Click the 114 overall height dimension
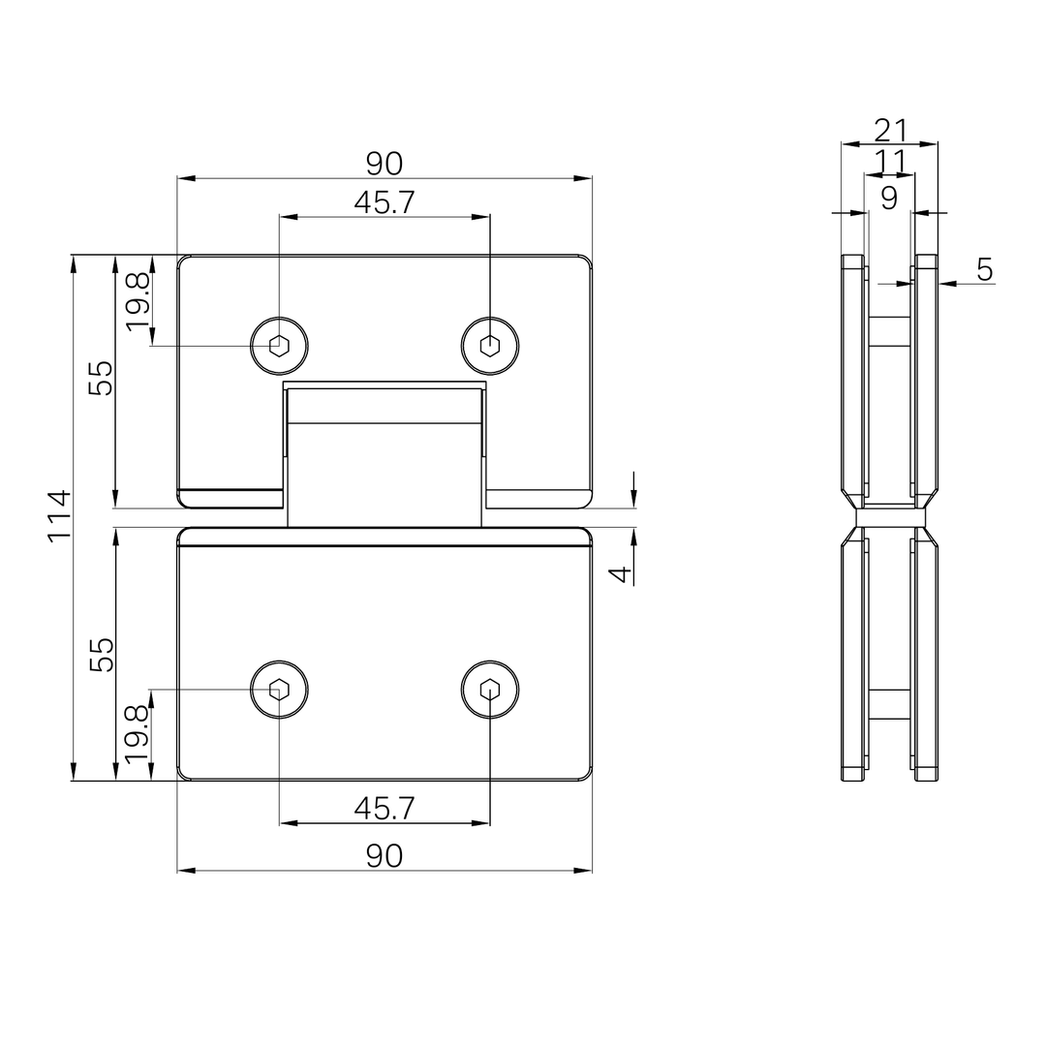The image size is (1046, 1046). tap(59, 516)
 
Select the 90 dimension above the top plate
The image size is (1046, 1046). tap(384, 164)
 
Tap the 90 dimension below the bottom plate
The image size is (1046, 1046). tap(384, 856)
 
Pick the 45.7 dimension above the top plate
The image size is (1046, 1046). tap(384, 202)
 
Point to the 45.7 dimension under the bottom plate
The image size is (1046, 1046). tap(384, 809)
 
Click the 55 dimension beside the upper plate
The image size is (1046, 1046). tap(102, 378)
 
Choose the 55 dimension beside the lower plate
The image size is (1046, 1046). tap(102, 654)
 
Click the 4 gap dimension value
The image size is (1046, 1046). tap(621, 573)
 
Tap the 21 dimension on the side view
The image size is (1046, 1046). tap(890, 129)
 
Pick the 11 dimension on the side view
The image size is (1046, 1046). tap(889, 160)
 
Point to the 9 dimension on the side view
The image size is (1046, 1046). tap(889, 198)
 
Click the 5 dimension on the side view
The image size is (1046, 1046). tap(984, 270)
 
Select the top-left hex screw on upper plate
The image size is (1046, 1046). tap(279, 344)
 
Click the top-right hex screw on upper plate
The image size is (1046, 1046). tap(490, 344)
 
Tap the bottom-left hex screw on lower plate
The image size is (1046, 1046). tap(279, 690)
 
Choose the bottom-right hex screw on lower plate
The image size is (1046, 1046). tap(490, 690)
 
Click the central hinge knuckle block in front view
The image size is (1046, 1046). tap(385, 455)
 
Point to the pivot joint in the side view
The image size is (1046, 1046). tap(890, 517)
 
